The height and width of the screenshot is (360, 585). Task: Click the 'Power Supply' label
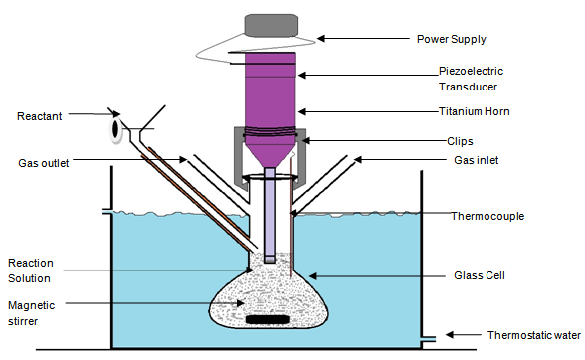point(451,39)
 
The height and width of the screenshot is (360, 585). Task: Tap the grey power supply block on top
point(272,26)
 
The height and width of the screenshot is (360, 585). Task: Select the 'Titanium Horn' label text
point(474,111)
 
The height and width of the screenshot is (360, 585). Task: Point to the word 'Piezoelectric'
point(471,71)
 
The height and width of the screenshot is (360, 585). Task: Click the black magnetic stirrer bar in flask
point(267,319)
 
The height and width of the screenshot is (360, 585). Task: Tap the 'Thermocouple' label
point(487,216)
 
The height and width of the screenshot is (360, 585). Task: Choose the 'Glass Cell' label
point(480,275)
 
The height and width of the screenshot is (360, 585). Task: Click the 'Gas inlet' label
point(476,160)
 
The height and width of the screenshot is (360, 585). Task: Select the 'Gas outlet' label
point(44,163)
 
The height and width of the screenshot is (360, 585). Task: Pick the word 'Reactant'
point(39,116)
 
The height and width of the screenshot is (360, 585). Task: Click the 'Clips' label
point(460,141)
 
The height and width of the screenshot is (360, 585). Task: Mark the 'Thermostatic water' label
point(534,335)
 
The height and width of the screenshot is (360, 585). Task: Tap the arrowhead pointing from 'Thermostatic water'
point(450,334)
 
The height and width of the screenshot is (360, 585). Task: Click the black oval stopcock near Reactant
point(115,128)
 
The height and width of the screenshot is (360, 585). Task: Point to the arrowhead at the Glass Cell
point(312,276)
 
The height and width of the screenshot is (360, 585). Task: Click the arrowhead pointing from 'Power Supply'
point(320,38)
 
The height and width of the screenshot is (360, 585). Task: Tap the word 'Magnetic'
point(32,306)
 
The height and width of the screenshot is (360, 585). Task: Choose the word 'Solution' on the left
point(29,278)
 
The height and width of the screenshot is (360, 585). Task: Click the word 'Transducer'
point(468,87)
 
